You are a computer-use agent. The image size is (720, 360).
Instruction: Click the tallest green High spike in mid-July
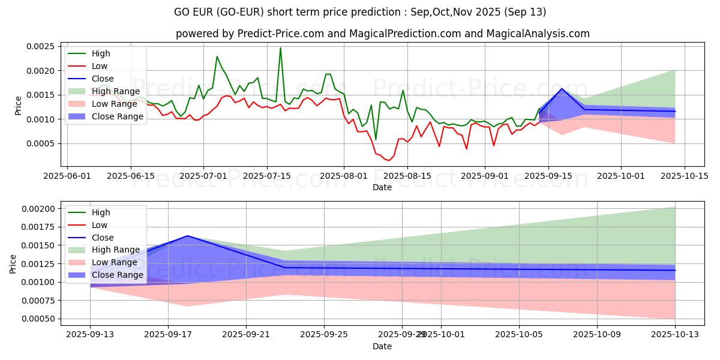(x=280, y=48)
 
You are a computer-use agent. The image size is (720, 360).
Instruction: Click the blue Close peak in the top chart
(x=562, y=89)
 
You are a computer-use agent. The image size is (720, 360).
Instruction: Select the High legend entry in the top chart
(x=101, y=53)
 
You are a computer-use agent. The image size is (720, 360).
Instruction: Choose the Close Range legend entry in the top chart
(x=118, y=116)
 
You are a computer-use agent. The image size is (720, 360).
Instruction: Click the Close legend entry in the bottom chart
(x=103, y=238)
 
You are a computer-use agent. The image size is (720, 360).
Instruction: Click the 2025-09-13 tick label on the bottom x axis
(x=91, y=334)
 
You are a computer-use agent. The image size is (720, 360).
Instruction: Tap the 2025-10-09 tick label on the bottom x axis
(x=597, y=334)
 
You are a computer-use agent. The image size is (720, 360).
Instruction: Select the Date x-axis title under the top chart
(x=382, y=187)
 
